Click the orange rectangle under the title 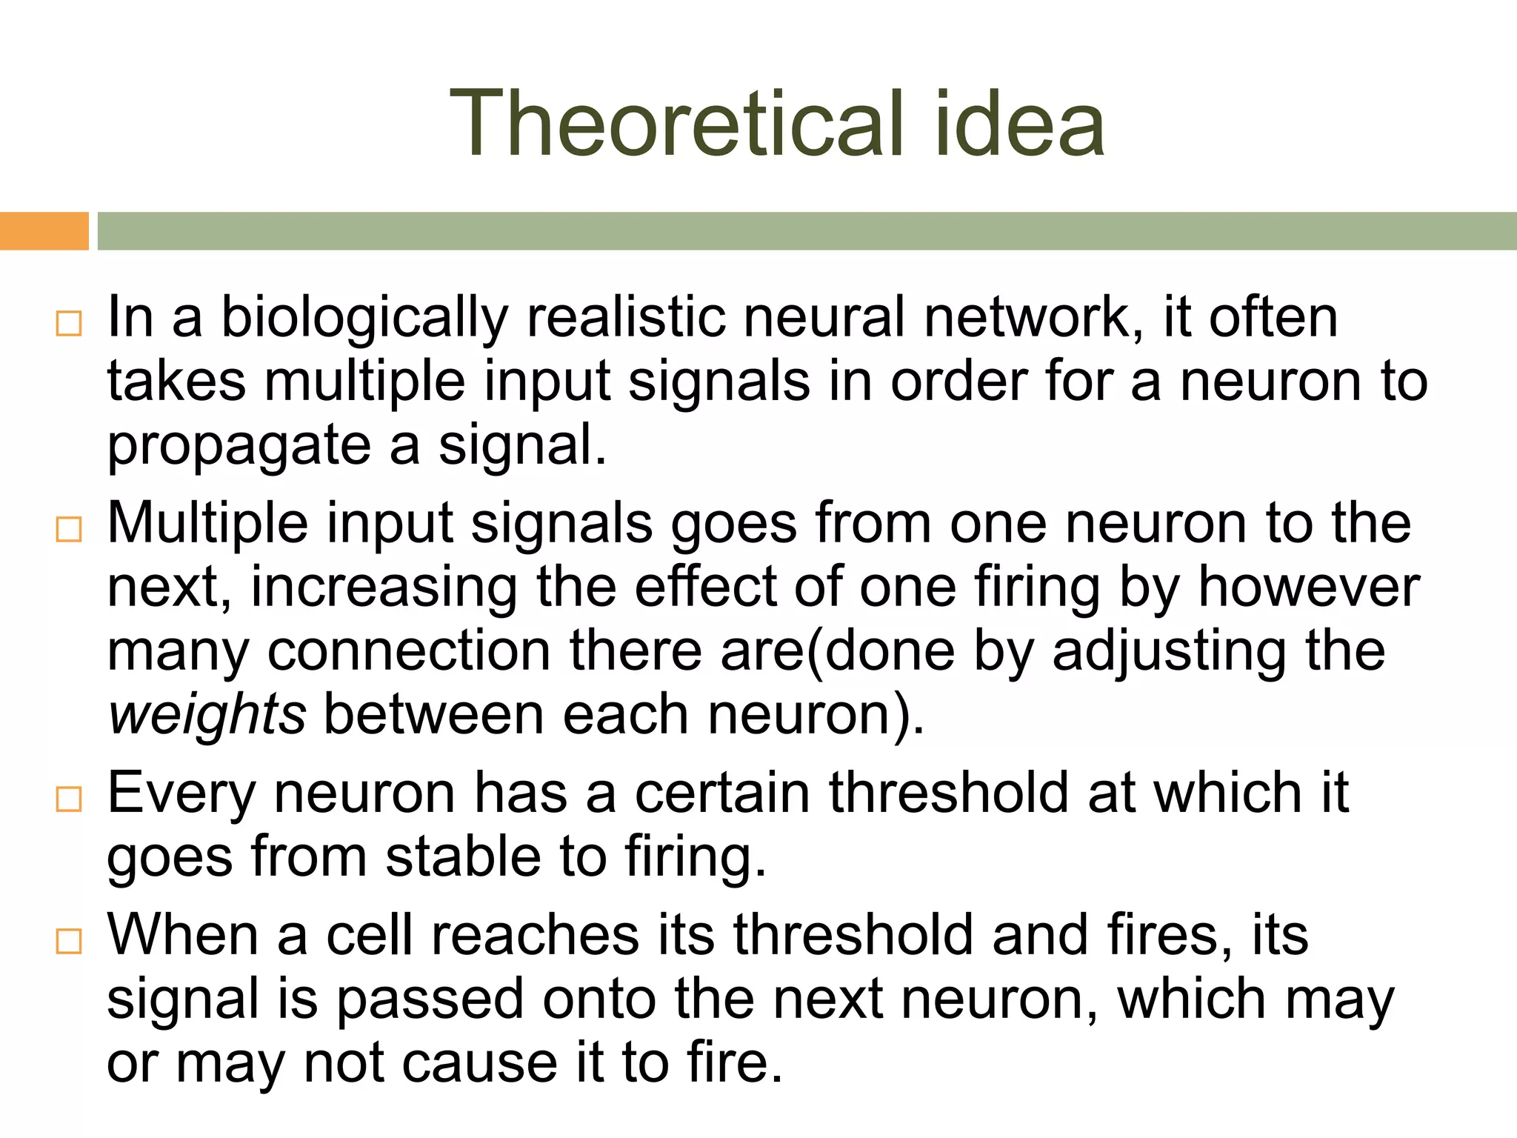coord(44,231)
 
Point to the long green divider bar coord(807,231)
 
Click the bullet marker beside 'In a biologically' coord(69,324)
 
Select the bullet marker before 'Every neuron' coord(69,799)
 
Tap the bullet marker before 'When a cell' coord(69,942)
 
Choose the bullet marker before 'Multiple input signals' coord(69,530)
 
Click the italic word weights coord(207,716)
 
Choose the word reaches coord(536,936)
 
